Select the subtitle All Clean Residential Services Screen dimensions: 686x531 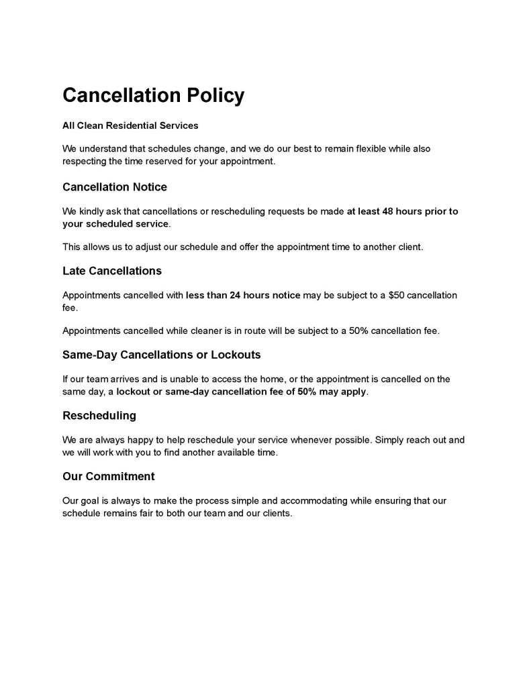pos(130,125)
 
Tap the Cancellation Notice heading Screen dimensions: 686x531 pos(115,186)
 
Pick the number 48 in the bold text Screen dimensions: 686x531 pos(388,211)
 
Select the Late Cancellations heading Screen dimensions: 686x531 pos(112,271)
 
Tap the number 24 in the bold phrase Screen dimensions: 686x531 pos(236,295)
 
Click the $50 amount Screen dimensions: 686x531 pos(397,295)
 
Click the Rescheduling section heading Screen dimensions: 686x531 pos(99,416)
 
